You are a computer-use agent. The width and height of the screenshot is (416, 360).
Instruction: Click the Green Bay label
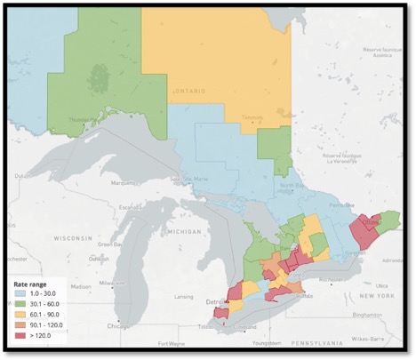111,244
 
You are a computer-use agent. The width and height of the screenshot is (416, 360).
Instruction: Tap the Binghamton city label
368,315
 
